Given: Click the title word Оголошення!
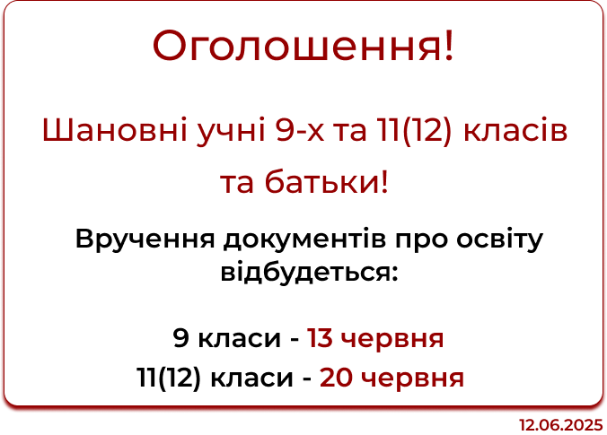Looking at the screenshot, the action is pyautogui.click(x=303, y=46).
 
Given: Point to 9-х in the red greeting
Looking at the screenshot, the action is pyautogui.click(x=301, y=130).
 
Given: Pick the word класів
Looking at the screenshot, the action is pyautogui.click(x=515, y=129).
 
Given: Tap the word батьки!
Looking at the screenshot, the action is pyautogui.click(x=326, y=182).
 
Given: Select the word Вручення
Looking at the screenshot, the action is pyautogui.click(x=145, y=239).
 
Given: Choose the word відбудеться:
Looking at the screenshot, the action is pyautogui.click(x=309, y=273).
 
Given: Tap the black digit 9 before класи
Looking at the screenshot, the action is pyautogui.click(x=180, y=338).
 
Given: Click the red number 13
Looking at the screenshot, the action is pyautogui.click(x=320, y=338).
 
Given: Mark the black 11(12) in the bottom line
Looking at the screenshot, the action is pyautogui.click(x=169, y=378).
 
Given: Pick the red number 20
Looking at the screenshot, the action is pyautogui.click(x=335, y=378).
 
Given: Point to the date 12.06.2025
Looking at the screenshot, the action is pyautogui.click(x=561, y=425).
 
